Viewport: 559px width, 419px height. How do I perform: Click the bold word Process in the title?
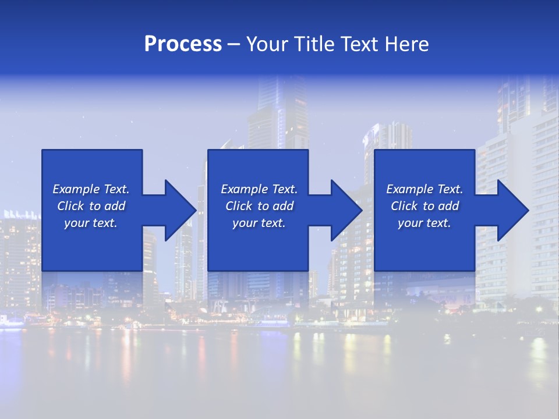coord(183,44)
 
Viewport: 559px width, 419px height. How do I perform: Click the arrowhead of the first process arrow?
coord(181,210)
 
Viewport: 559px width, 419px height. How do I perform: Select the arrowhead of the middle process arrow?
coord(346,210)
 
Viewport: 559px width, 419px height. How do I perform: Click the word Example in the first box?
coord(77,189)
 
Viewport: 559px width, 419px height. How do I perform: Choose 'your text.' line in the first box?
coord(91,223)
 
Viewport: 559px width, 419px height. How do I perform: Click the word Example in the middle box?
coord(245,189)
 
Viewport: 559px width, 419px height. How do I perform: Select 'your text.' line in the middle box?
coord(259,223)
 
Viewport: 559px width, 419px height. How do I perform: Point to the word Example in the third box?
coord(411,189)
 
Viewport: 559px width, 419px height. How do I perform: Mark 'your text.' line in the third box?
coord(424,223)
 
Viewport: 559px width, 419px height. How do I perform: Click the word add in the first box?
coord(115,206)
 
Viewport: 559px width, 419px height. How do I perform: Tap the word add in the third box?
coord(449,206)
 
